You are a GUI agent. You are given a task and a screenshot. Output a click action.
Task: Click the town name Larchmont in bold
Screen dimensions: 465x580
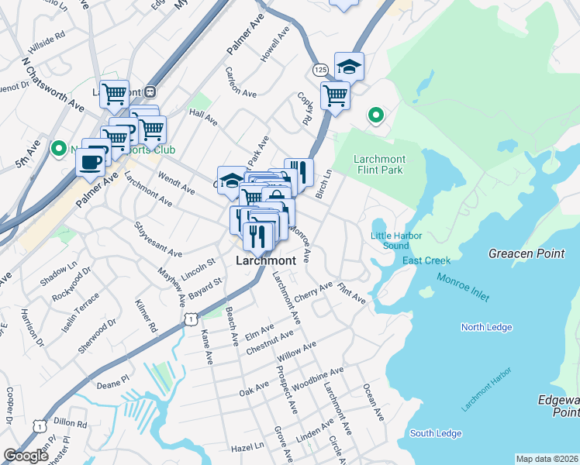coord(265,261)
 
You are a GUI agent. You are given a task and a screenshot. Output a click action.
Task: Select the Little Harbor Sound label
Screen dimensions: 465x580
coord(389,240)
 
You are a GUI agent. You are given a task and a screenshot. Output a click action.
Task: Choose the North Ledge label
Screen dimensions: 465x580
coord(486,327)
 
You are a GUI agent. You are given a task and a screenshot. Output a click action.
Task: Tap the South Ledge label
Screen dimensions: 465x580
coord(436,433)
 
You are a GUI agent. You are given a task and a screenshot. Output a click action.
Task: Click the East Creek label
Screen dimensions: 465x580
coord(426,260)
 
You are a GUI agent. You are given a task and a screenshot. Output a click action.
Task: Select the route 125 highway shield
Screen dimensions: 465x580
coord(320,70)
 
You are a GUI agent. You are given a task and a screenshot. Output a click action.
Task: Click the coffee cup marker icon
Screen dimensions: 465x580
coord(92,161)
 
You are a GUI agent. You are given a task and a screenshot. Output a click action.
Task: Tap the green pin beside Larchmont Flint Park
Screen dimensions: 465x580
coord(376,116)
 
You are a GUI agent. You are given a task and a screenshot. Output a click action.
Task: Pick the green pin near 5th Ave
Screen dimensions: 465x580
coord(58,147)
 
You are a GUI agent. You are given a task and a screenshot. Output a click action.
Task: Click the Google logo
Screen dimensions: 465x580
coord(26,456)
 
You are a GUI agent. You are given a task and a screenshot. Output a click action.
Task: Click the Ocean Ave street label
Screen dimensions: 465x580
coord(374,403)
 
